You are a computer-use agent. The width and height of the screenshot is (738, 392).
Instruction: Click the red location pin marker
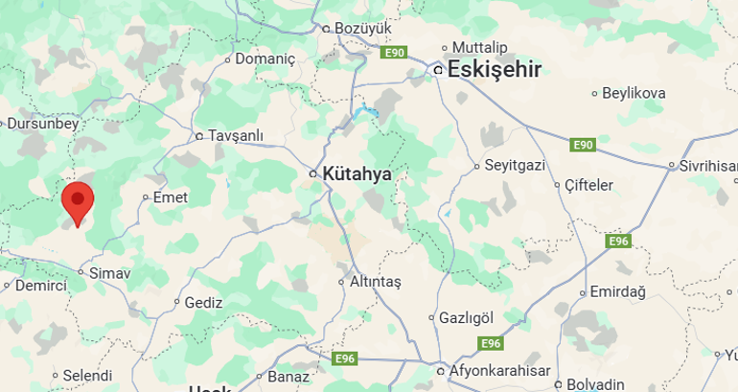(77, 201)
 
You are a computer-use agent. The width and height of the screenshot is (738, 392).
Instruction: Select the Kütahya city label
(357, 173)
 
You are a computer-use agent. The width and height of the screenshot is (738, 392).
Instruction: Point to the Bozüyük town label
(364, 29)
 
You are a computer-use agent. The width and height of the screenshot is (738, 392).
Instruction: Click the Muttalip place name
(479, 47)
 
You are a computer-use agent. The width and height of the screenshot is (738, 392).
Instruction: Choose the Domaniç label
(265, 58)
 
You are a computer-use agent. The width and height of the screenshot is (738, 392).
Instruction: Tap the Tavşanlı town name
(235, 135)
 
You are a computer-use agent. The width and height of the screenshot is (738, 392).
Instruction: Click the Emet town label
(171, 196)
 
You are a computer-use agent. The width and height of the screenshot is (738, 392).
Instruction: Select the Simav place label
(108, 273)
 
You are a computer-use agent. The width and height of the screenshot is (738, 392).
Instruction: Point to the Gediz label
(203, 301)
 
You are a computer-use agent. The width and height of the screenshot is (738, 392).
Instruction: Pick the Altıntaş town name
(375, 282)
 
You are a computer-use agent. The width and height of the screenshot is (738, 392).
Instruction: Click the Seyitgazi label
(515, 165)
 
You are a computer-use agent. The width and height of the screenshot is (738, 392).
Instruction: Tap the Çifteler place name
(588, 184)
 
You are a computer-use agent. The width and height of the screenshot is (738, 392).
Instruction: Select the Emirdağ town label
(619, 291)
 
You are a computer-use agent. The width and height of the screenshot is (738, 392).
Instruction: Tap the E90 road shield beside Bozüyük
(394, 53)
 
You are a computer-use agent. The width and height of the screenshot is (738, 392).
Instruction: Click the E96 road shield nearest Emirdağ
(619, 241)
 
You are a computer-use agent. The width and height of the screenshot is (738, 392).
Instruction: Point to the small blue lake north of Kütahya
(362, 115)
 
